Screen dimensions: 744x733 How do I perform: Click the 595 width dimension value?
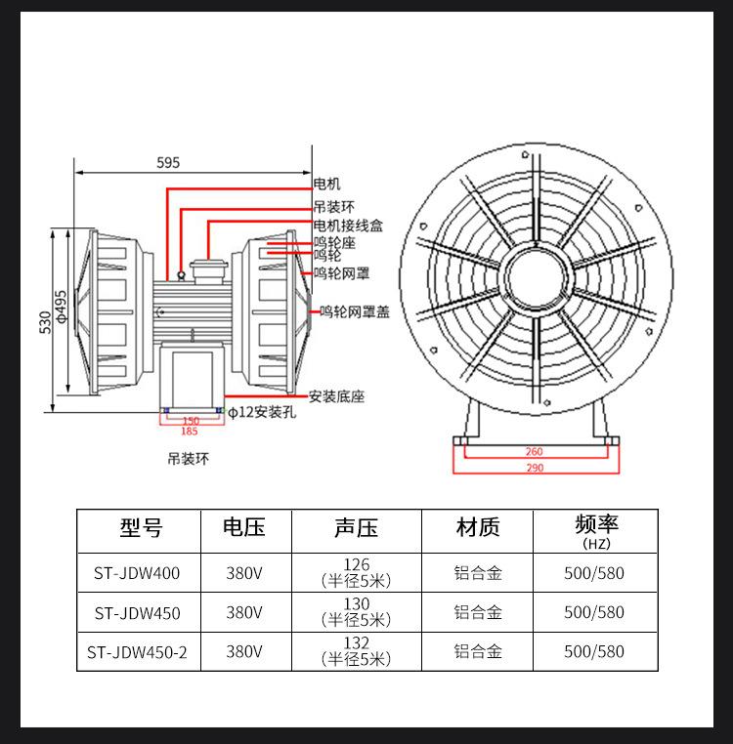coord(168,163)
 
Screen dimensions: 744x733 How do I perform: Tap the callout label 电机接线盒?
coord(348,225)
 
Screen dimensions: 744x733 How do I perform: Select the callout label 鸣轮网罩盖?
coord(355,312)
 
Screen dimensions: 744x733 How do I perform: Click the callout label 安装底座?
coord(336,396)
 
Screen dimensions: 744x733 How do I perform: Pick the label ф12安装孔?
coord(262,413)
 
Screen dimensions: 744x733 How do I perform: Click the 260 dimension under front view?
coord(534,452)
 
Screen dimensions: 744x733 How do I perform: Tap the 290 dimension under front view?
coord(534,469)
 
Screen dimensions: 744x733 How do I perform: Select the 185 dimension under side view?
coord(190,431)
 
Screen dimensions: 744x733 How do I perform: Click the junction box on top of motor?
coord(205,268)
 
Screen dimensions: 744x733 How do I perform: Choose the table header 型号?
coord(141,528)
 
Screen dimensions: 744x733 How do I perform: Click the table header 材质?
coord(478,528)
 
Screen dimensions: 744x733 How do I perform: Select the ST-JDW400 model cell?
coord(138,573)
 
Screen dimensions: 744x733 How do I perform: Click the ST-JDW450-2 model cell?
coord(138,651)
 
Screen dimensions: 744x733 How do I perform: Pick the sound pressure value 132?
coord(356,643)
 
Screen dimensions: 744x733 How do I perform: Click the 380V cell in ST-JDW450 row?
coord(243,613)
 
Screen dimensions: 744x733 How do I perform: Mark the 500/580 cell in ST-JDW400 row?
coord(594,573)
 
